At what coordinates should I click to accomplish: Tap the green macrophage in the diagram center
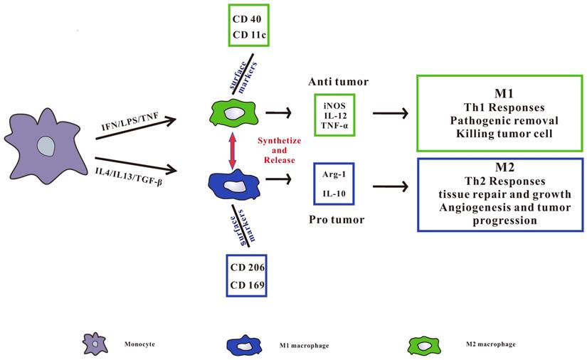point(233,112)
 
